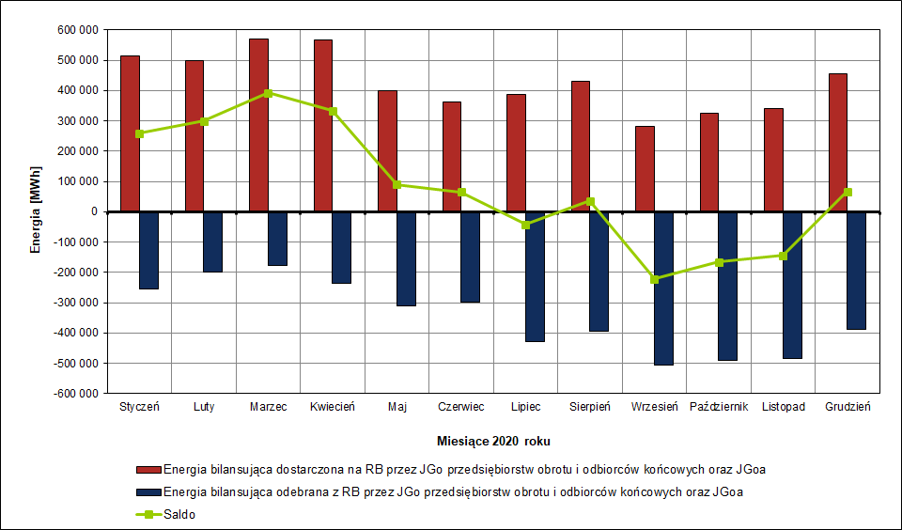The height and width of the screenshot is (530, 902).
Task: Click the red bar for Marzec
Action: pos(258,125)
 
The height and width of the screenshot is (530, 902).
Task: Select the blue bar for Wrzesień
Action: pos(663,288)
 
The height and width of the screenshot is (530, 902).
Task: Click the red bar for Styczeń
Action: pos(130,133)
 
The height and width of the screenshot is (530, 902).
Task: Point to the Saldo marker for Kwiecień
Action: pos(333,111)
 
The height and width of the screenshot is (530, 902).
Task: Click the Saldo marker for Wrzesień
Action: pos(654,279)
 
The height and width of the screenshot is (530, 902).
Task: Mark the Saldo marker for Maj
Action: pos(397,184)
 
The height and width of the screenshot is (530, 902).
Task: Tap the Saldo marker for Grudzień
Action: pos(848,192)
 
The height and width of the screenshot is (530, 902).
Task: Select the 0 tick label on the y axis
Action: pos(95,211)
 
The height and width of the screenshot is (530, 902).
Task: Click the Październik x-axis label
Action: pos(719,407)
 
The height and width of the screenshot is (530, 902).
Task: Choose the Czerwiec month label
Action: pos(461,407)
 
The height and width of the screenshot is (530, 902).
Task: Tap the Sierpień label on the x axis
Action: pos(590,407)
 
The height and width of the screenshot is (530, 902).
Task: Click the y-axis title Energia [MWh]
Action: pos(36,211)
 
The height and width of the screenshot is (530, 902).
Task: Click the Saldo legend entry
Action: pos(180,515)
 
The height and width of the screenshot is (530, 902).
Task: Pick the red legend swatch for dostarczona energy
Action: pos(148,469)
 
